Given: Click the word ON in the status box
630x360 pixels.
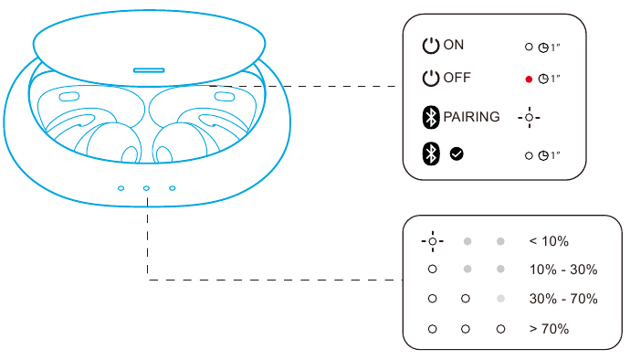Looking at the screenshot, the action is pos(454,46).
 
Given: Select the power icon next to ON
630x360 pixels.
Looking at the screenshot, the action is pos(431,46).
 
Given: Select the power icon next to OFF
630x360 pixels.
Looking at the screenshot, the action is pos(431,79).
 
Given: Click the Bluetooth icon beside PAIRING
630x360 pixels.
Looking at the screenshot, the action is pos(431,117).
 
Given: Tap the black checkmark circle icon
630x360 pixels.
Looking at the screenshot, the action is pos(457,154).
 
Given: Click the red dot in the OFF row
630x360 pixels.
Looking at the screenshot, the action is pos(529,79).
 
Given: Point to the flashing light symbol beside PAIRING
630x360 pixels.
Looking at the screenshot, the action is pos(530,118).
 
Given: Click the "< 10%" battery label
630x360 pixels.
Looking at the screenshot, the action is pos(549,242).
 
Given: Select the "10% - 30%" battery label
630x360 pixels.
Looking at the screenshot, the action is pos(562,270).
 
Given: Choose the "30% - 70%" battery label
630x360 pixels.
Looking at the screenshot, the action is pos(562,299).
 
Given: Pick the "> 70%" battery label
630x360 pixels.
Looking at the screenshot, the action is pos(549,328).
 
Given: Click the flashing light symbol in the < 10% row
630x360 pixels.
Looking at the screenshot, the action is pos(433,242).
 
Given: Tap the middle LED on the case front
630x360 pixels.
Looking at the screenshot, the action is pos(146,188).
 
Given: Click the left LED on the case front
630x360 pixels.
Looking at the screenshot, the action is pos(121,188).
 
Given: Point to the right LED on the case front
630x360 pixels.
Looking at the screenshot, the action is pos(172,188).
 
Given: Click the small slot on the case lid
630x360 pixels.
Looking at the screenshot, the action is pos(149,69).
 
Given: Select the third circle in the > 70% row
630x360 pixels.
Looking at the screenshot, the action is pos(499,328).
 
